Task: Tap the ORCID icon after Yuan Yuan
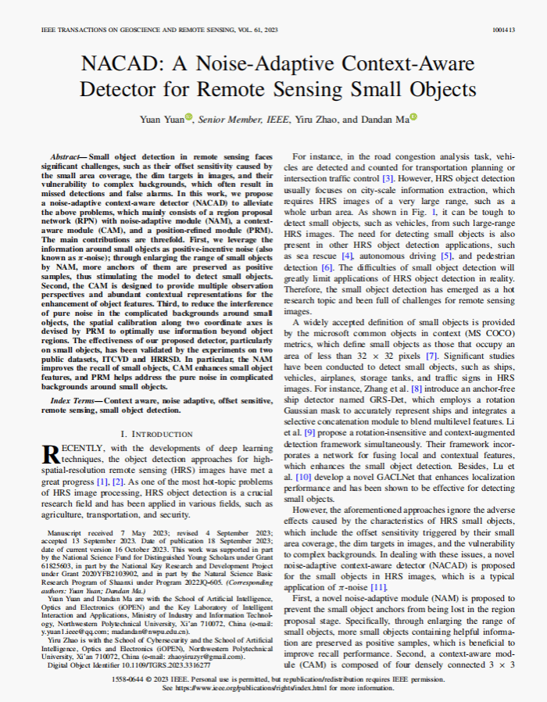[188, 118]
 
